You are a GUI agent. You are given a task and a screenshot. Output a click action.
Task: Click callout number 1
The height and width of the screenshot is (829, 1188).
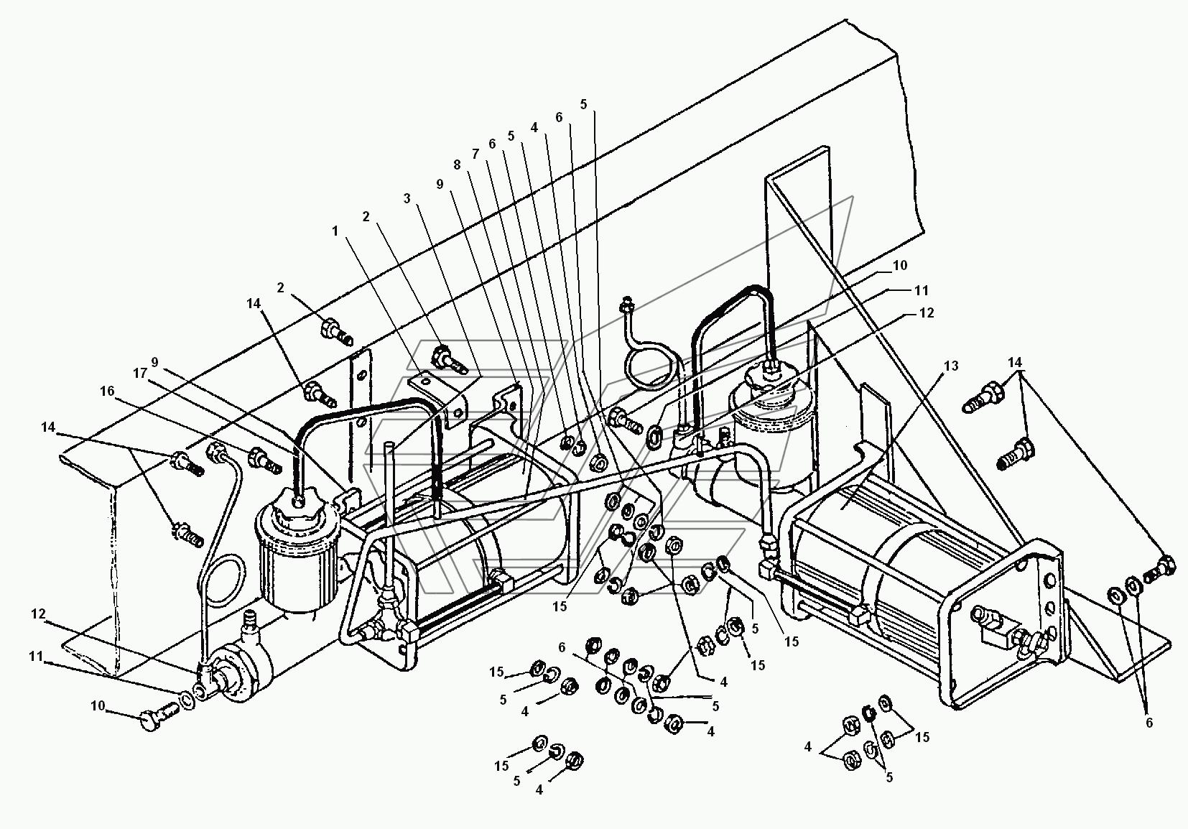(334, 231)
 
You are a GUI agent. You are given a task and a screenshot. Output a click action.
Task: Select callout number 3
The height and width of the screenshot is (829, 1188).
(407, 198)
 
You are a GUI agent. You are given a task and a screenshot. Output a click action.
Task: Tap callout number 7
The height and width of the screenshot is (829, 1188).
(474, 154)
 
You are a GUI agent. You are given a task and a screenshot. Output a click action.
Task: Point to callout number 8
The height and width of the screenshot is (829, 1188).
(457, 165)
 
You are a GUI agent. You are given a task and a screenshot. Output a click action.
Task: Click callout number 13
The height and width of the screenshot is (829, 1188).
(950, 366)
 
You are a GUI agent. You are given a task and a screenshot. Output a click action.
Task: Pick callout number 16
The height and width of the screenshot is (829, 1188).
(107, 391)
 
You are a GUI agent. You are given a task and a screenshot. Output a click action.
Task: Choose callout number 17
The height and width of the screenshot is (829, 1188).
(139, 373)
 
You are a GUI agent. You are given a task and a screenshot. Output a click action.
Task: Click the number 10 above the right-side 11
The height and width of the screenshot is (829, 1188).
(900, 265)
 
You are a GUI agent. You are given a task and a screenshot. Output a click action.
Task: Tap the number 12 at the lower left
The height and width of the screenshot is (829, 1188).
(38, 614)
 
